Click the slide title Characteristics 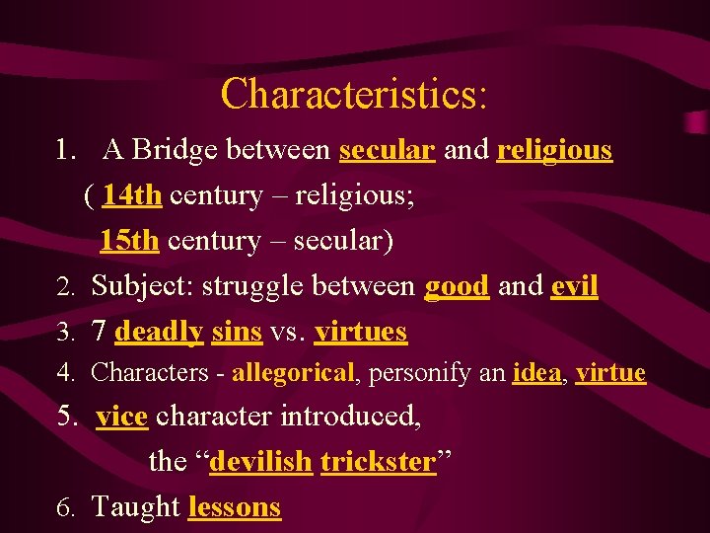coord(354,94)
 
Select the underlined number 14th coord(131,195)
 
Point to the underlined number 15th coord(129,241)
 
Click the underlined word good coord(457,286)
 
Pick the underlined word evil coord(574,286)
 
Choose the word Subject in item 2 coord(144,286)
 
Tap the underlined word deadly coord(159,332)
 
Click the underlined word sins coord(237,332)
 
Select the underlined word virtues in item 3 coord(361,332)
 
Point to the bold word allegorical coord(293,373)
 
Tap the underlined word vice coord(122,417)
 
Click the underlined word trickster coord(378,462)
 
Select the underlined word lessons coord(235,507)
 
